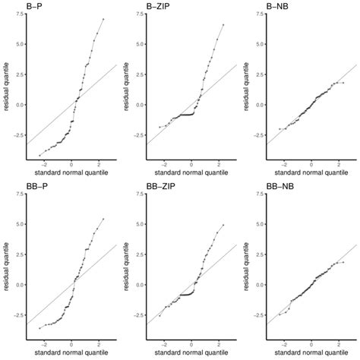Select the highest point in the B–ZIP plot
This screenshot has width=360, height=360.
tap(223, 24)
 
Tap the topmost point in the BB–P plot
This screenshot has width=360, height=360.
tap(103, 219)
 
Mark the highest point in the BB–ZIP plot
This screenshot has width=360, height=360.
tap(223, 225)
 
